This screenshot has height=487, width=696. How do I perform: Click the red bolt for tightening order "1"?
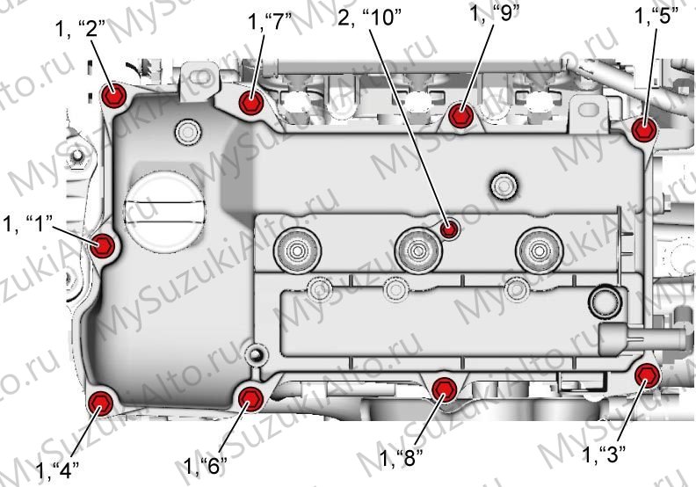pyautogui.click(x=103, y=245)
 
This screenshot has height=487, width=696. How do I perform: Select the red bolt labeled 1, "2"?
pyautogui.click(x=114, y=95)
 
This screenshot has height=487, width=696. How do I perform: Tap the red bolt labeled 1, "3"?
pyautogui.click(x=647, y=376)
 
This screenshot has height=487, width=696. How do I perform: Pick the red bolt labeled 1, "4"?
pyautogui.click(x=101, y=403)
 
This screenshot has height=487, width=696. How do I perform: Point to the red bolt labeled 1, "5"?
pyautogui.click(x=644, y=129)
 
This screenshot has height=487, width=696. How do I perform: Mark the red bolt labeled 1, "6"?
pyautogui.click(x=250, y=398)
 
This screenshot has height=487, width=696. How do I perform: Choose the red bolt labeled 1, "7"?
pyautogui.click(x=251, y=103)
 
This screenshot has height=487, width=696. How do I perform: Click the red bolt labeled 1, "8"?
pyautogui.click(x=445, y=389)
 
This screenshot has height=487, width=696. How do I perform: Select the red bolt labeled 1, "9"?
pyautogui.click(x=460, y=115)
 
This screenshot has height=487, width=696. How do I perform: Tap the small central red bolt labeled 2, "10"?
pyautogui.click(x=450, y=229)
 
